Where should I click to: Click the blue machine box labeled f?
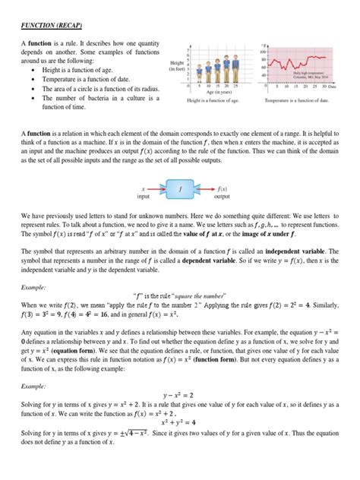[180, 186]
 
